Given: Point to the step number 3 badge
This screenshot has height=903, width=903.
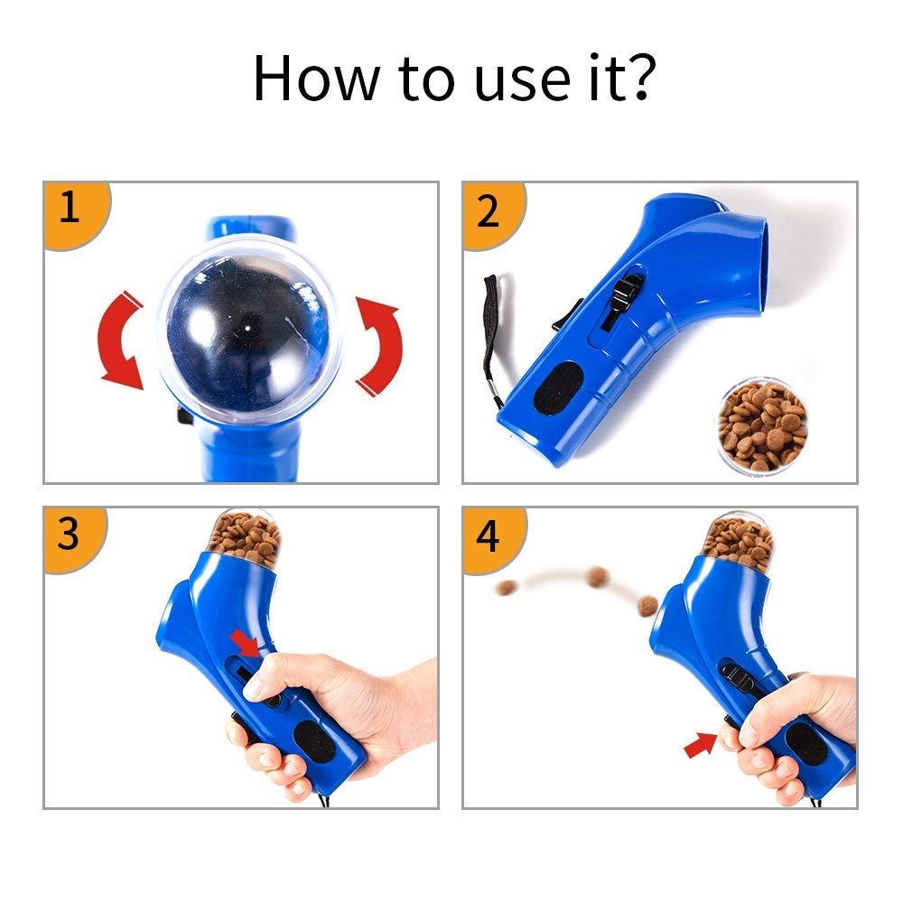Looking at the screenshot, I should [70, 534].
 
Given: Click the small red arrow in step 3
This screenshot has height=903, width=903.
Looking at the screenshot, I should [244, 644].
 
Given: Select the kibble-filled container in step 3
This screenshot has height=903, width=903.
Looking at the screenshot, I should [241, 542].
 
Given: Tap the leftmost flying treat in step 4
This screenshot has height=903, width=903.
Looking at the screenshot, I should [507, 587].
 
